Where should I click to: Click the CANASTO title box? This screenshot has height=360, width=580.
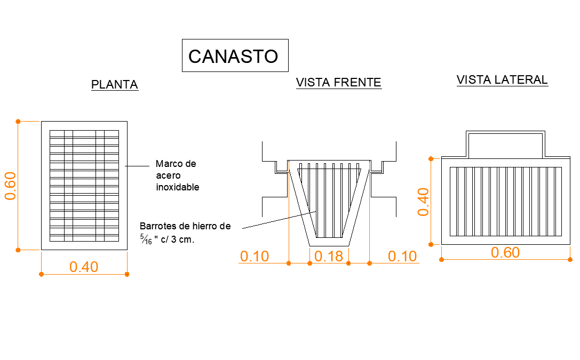pyautogui.click(x=235, y=55)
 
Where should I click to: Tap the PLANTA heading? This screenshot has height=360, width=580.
pyautogui.click(x=115, y=85)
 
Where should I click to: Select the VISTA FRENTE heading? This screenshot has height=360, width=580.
pyautogui.click(x=338, y=83)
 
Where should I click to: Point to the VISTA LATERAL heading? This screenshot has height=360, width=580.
pyautogui.click(x=502, y=80)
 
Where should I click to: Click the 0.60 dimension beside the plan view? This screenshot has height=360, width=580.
pyautogui.click(x=10, y=186)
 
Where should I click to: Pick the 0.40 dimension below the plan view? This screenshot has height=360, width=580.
pyautogui.click(x=84, y=267)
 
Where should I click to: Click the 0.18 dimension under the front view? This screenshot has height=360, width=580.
pyautogui.click(x=329, y=256)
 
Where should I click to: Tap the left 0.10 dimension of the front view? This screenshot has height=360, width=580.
pyautogui.click(x=255, y=256)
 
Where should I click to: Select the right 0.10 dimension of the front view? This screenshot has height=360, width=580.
pyautogui.click(x=402, y=256)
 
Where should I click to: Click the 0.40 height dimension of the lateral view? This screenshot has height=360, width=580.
pyautogui.click(x=423, y=202)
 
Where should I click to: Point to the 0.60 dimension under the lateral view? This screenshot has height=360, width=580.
pyautogui.click(x=505, y=252)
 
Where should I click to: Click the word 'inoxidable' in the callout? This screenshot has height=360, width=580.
pyautogui.click(x=178, y=187)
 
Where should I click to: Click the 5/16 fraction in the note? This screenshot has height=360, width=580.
pyautogui.click(x=146, y=239)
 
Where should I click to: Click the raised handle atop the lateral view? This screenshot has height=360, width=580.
pyautogui.click(x=505, y=144)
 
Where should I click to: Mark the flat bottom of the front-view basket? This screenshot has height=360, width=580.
pyautogui.click(x=329, y=246)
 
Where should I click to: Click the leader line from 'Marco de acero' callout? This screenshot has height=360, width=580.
pyautogui.click(x=137, y=166)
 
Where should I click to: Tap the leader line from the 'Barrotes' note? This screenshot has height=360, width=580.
pyautogui.click(x=279, y=220)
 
